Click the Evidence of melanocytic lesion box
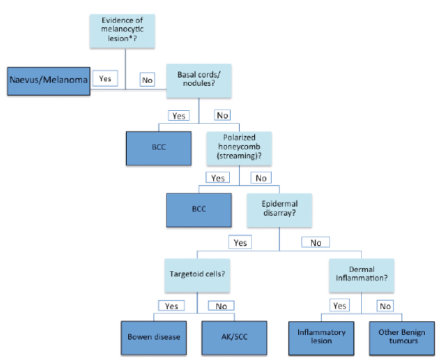(x=122, y=31)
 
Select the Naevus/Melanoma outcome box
(x=49, y=81)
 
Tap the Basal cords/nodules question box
(x=199, y=81)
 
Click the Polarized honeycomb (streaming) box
(x=239, y=148)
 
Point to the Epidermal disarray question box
(x=279, y=210)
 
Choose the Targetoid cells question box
(x=197, y=276)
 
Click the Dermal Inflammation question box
(x=361, y=276)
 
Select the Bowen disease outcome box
(x=154, y=338)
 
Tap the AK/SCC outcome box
(x=234, y=338)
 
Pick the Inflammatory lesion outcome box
(x=322, y=338)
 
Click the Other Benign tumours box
(x=402, y=338)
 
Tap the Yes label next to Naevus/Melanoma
(x=105, y=78)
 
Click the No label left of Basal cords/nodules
(x=147, y=80)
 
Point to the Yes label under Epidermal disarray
(x=240, y=242)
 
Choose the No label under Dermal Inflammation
(x=385, y=306)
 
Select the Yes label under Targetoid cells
(x=171, y=305)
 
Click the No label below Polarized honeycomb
(x=261, y=178)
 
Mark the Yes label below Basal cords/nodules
(x=179, y=115)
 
